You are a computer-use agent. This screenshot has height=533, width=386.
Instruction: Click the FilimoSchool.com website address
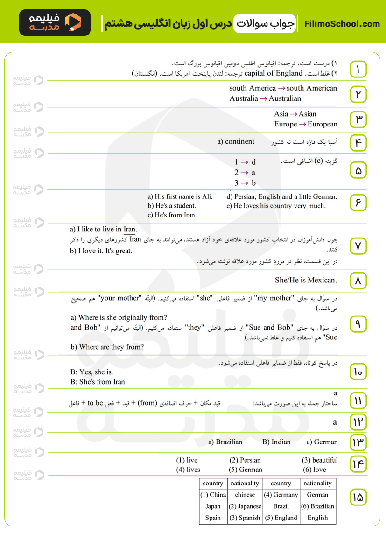click(x=342, y=24)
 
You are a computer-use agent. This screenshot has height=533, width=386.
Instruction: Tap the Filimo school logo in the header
click(x=55, y=23)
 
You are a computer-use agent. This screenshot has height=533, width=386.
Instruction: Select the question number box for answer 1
click(x=358, y=69)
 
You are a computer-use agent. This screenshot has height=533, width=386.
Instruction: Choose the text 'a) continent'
click(x=236, y=142)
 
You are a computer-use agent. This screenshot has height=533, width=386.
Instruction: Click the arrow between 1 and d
click(x=245, y=162)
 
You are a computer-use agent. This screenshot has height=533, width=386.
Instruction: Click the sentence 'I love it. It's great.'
click(x=101, y=251)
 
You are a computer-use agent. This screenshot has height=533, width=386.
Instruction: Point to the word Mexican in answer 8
click(x=322, y=280)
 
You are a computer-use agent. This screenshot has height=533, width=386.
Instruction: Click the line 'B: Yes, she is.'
click(x=91, y=372)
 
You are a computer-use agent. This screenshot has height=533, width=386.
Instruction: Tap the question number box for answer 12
click(x=358, y=422)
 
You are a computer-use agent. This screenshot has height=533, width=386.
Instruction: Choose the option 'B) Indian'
click(x=276, y=442)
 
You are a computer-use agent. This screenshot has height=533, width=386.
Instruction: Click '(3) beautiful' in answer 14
click(x=320, y=460)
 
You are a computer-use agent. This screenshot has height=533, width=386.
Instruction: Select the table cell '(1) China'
click(x=213, y=495)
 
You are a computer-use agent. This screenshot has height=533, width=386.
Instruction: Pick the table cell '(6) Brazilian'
click(x=317, y=506)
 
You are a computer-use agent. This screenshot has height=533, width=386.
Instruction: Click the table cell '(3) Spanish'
click(x=245, y=518)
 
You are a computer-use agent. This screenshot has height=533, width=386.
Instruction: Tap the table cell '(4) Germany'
click(x=281, y=495)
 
